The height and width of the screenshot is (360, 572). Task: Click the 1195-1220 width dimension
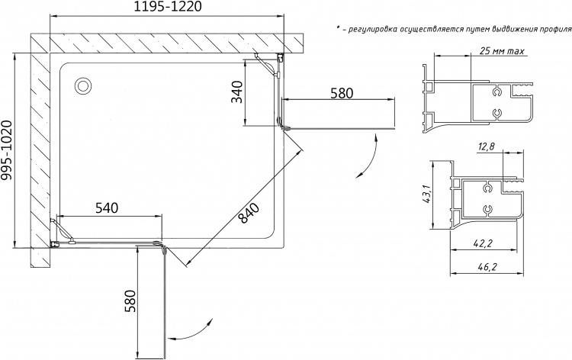(168, 6)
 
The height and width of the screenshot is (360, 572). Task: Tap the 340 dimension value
(236, 92)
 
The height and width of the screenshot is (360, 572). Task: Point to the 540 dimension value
(107, 208)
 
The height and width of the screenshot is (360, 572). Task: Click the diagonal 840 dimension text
(249, 213)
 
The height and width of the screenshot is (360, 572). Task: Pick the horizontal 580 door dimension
(342, 93)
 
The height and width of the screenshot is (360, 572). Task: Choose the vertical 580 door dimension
(130, 301)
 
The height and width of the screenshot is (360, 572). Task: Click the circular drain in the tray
(84, 86)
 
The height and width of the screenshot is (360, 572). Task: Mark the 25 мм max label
(502, 50)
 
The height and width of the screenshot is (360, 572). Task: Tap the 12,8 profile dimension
(486, 146)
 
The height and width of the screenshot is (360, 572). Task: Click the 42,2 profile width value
(484, 243)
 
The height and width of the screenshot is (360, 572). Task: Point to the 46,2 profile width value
(488, 268)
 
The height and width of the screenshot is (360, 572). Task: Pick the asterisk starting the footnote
(338, 27)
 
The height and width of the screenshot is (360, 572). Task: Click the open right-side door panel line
(339, 128)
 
